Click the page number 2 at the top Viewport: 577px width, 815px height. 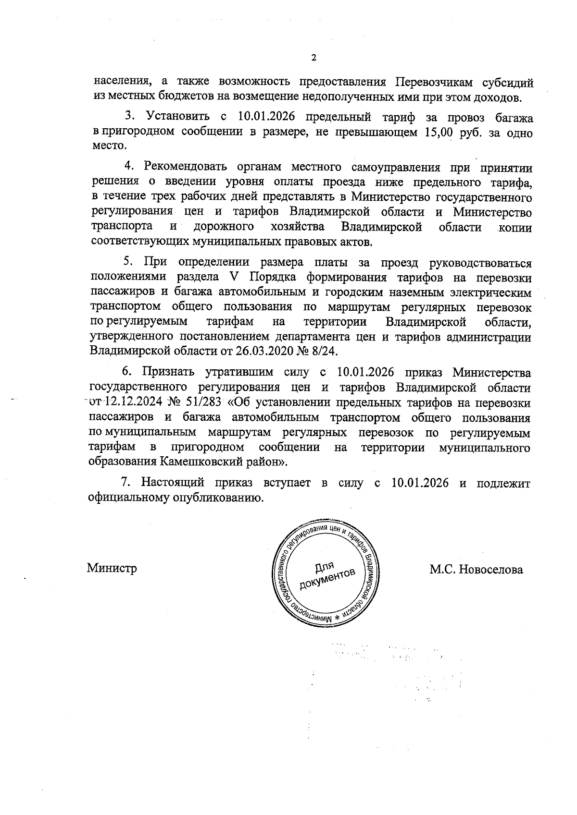(314, 58)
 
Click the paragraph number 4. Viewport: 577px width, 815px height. (129, 167)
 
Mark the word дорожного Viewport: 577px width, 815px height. (224, 227)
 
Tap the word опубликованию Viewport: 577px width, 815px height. (215, 498)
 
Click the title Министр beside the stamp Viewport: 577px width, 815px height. (112, 569)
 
